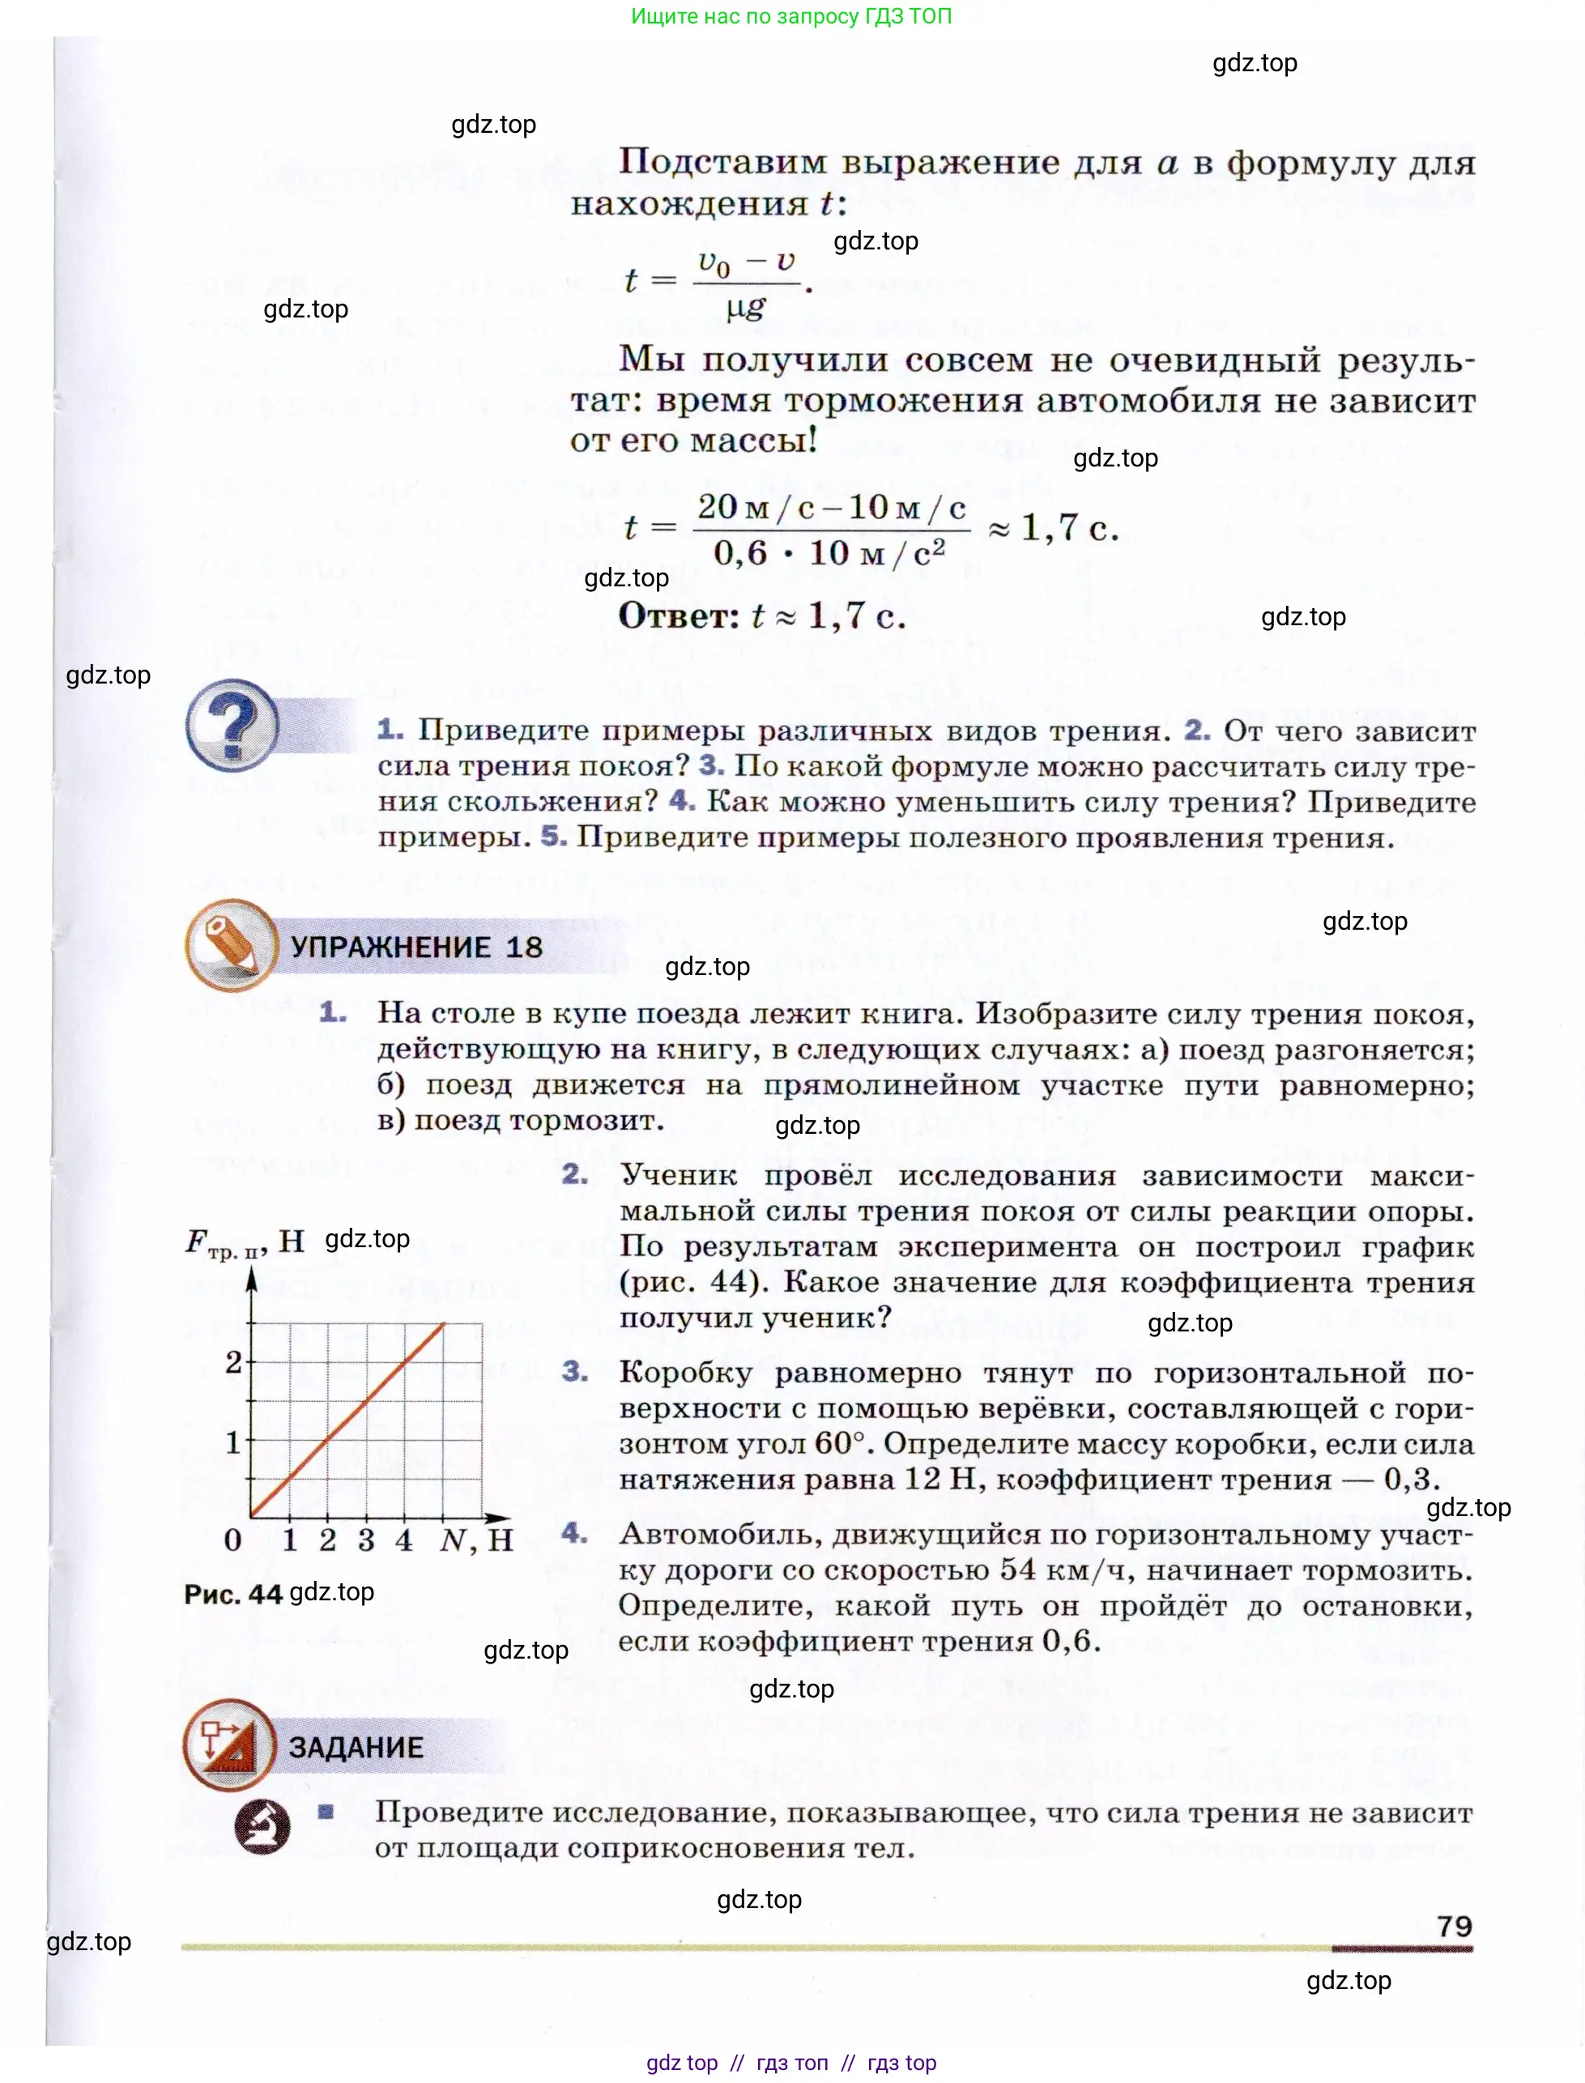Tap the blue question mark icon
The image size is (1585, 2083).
click(x=232, y=726)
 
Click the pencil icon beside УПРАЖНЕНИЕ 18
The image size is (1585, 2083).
click(x=231, y=945)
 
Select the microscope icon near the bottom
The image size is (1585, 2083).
click(x=262, y=1827)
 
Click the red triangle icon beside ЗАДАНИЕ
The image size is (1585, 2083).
click(x=229, y=1746)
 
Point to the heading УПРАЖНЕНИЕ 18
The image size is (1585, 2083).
click(x=416, y=948)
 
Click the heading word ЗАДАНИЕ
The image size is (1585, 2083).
click(x=356, y=1747)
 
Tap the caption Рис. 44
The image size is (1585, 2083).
click(x=233, y=1595)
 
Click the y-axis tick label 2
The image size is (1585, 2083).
click(x=233, y=1362)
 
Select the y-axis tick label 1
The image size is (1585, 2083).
click(x=233, y=1442)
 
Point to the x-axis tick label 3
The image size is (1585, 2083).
click(x=366, y=1540)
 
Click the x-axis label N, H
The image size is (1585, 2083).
click(x=476, y=1540)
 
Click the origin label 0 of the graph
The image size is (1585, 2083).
click(x=233, y=1540)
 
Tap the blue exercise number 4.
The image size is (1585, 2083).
click(x=573, y=1533)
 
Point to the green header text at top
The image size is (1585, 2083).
click(x=790, y=16)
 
